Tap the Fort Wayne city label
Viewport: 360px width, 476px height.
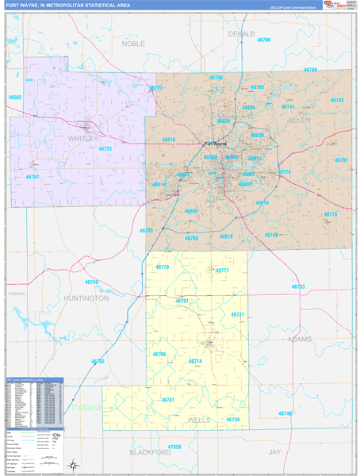(216, 144)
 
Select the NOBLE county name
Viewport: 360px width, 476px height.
(134, 44)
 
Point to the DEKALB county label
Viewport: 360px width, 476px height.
(242, 34)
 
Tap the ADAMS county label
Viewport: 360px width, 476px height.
(300, 339)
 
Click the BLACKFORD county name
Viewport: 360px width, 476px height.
(150, 451)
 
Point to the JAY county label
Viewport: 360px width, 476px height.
(274, 451)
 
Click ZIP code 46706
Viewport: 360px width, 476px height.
(263, 40)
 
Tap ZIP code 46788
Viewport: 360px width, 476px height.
(309, 70)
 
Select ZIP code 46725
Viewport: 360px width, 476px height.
(105, 148)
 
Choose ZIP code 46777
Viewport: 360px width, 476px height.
(221, 271)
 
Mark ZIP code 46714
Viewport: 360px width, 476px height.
(195, 361)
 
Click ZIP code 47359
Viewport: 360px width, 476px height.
(174, 447)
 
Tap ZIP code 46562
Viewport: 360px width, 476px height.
(15, 97)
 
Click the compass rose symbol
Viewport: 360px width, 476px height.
(74, 464)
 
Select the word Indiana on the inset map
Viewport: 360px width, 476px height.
(88, 407)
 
